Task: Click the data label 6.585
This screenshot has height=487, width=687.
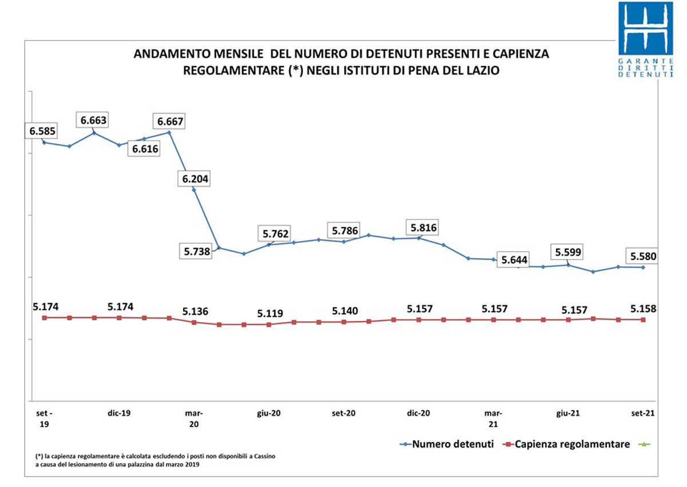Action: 42,131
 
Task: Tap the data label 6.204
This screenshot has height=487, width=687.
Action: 196,179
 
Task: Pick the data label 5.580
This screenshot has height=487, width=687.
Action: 643,256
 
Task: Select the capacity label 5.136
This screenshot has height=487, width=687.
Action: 196,312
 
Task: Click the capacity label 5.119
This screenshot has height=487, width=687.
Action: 270,313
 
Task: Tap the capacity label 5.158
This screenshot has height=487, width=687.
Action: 643,309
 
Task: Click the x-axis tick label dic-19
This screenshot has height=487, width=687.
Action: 120,413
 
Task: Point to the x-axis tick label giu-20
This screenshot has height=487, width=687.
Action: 269,413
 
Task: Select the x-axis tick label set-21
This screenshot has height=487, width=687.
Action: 642,413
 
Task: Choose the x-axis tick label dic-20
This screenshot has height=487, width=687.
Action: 419,413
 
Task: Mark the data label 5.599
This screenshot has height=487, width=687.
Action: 567,252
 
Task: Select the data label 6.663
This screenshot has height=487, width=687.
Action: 94,120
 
